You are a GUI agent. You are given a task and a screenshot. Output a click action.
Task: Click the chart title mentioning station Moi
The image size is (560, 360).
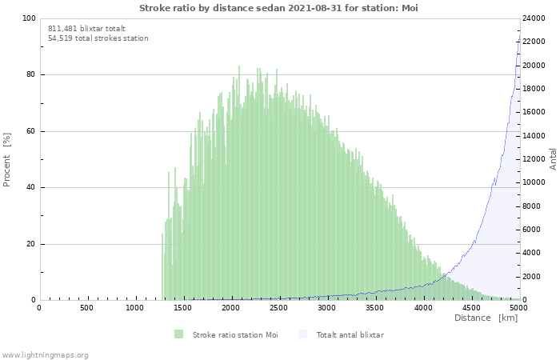[x=278, y=8]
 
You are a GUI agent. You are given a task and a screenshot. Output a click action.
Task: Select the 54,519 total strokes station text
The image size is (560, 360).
[x=98, y=38]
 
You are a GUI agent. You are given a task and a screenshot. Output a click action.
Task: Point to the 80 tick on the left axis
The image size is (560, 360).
[x=30, y=75]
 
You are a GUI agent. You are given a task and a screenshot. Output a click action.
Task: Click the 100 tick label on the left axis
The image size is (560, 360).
[x=29, y=18]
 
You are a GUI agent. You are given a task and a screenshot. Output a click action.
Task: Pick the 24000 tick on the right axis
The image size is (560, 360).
[x=533, y=18]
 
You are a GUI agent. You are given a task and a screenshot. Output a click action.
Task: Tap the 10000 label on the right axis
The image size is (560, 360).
[x=533, y=183]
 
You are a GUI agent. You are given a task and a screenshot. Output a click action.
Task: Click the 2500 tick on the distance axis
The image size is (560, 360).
[x=278, y=307]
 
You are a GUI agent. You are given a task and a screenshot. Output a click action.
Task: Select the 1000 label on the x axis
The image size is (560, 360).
[x=134, y=307]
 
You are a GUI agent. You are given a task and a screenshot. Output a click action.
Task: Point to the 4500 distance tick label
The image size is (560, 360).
[x=470, y=307]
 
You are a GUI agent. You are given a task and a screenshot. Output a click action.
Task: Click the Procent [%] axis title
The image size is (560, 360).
[x=7, y=160]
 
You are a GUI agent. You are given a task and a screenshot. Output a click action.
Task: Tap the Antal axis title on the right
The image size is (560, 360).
[x=553, y=158]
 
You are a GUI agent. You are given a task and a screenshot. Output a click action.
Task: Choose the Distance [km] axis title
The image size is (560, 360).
[x=486, y=318]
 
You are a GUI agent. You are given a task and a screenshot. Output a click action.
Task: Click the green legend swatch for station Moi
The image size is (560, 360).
[x=178, y=334]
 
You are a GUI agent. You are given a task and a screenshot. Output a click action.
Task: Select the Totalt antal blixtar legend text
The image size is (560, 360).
[x=350, y=334]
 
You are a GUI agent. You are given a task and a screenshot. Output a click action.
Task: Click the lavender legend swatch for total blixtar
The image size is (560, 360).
[x=302, y=334]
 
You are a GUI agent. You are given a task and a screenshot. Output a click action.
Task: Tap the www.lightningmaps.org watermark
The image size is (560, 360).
[x=45, y=354]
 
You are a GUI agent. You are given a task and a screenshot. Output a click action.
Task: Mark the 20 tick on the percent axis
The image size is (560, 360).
[x=30, y=244]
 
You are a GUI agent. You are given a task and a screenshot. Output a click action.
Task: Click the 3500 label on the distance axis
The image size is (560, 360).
[x=374, y=307]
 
